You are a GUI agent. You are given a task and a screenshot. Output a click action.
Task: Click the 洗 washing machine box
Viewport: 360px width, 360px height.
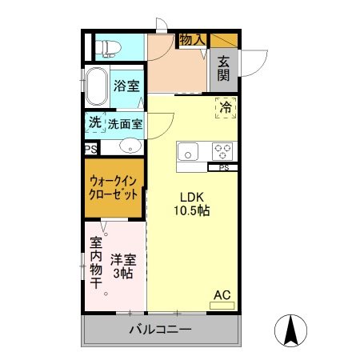point(95,123)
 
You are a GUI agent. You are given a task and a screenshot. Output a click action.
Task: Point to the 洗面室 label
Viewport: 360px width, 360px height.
point(125,124)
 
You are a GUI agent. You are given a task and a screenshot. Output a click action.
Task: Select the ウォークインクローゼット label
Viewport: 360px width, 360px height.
point(114,188)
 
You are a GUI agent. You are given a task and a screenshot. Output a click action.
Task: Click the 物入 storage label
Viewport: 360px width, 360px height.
point(192,39)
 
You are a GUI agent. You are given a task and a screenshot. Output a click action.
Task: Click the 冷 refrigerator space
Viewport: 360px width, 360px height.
point(225,106)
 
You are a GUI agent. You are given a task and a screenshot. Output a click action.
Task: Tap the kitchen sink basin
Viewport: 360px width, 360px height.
point(190,150)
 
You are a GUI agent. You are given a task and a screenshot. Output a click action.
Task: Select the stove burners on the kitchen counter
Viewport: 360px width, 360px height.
point(221,150)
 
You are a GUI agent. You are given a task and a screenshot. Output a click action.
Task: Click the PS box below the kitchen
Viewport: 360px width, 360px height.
point(223,168)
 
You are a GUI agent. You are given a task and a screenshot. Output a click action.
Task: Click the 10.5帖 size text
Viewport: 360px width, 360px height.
point(192,211)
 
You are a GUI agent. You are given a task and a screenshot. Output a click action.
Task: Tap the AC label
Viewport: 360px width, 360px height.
point(222,295)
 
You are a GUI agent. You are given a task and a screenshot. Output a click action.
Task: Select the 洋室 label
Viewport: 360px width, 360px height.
point(124,259)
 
